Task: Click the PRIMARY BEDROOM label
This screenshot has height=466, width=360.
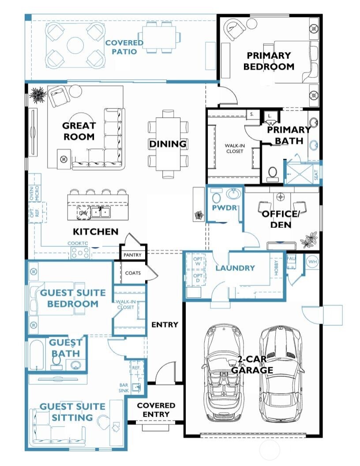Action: pos(269,61)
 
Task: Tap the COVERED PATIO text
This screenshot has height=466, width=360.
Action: pos(124,47)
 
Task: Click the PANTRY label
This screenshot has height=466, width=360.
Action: pos(132,255)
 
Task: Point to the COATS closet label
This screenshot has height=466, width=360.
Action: pos(133,273)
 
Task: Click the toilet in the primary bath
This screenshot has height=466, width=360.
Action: pos(272,173)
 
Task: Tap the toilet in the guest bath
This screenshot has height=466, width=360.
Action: pos(56,362)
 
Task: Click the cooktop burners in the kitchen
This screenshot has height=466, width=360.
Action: pos(80,252)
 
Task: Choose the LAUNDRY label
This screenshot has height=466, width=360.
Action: pos(235,268)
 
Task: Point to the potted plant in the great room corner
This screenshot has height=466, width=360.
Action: pos(37,94)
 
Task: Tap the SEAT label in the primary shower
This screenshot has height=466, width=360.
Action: pos(316,175)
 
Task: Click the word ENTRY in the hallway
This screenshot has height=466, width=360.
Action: pos(165,324)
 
